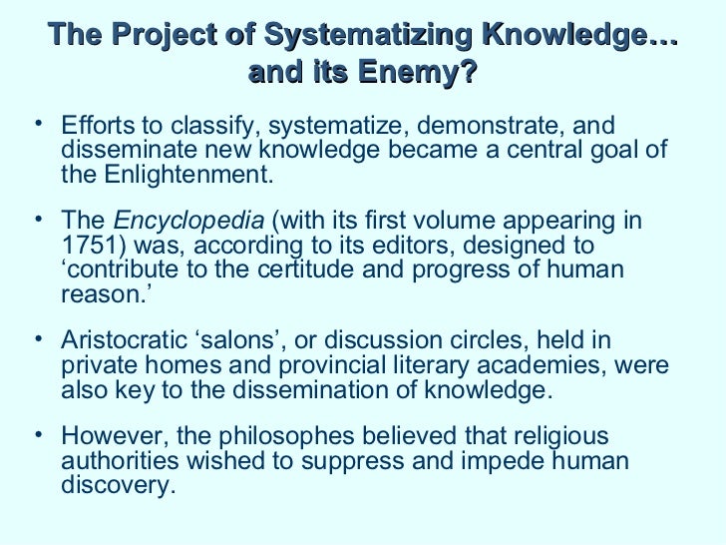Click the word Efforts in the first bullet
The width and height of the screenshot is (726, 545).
[97, 127]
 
